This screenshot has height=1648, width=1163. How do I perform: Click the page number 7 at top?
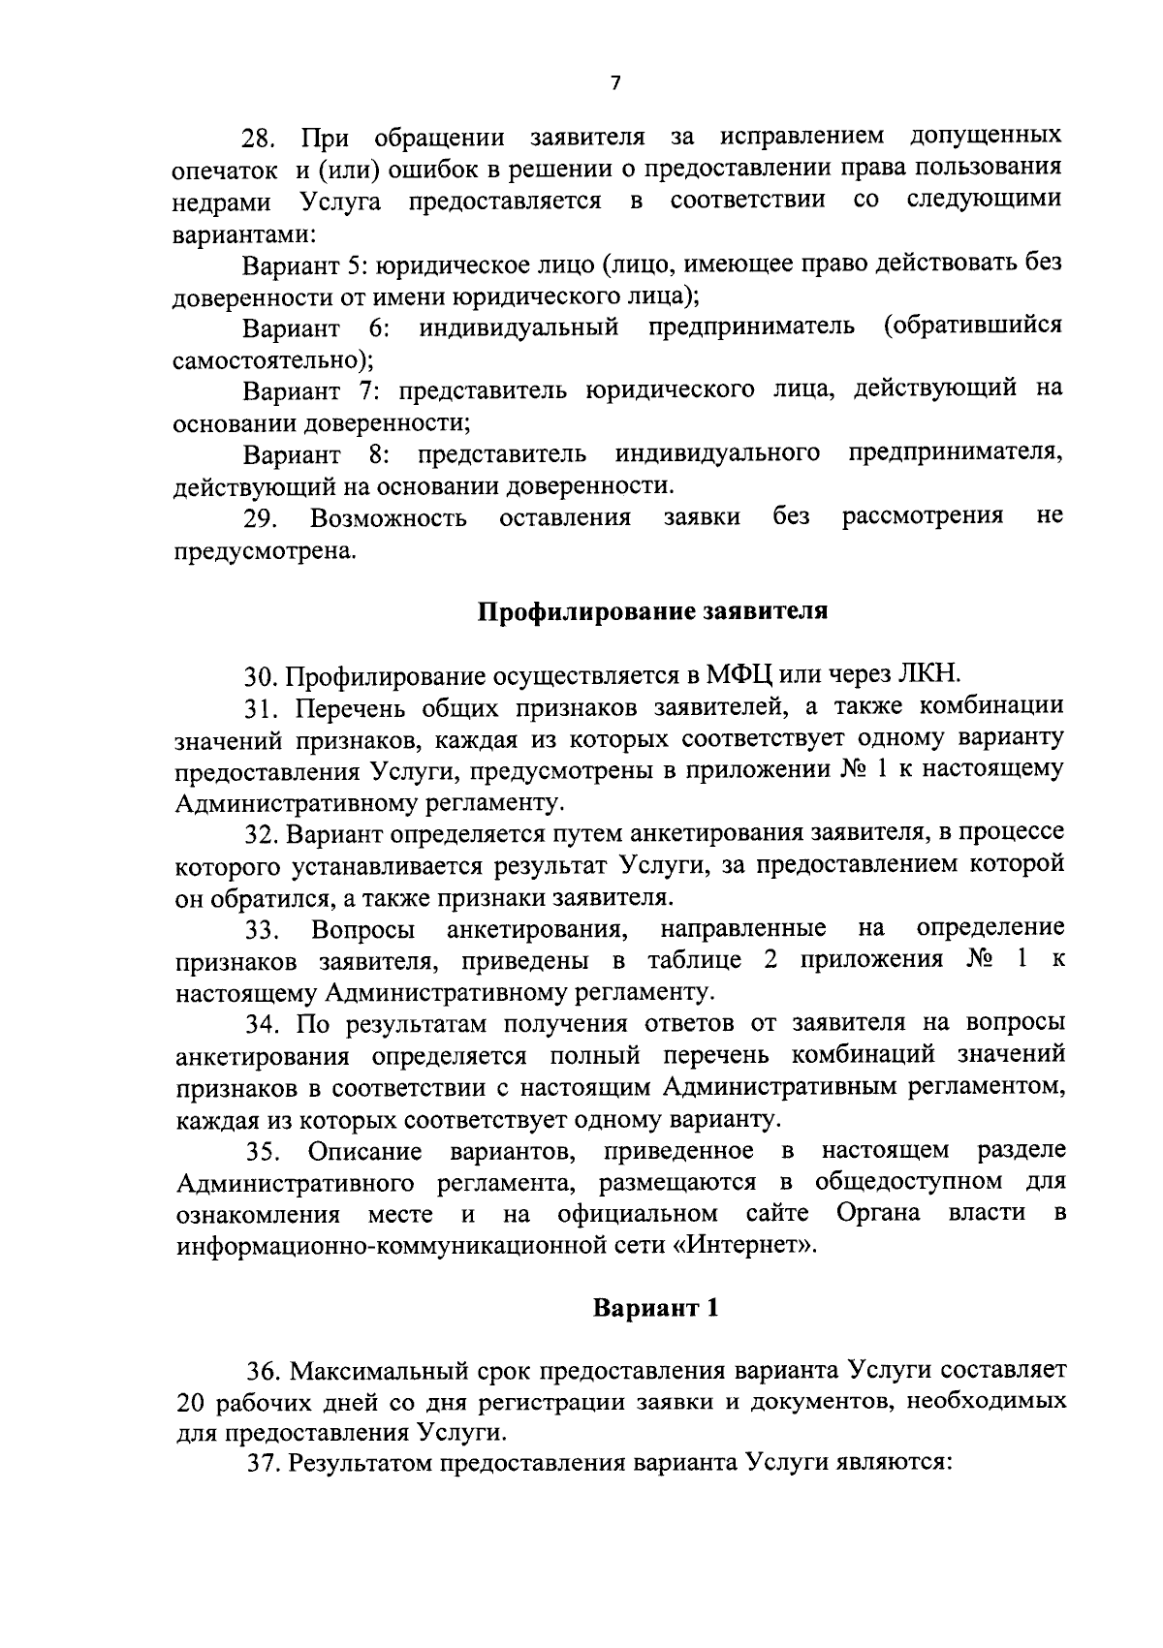(614, 83)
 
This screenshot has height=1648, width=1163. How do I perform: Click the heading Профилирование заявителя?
(653, 612)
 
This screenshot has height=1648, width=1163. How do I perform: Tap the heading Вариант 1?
(656, 1308)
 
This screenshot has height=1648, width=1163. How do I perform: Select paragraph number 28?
(258, 138)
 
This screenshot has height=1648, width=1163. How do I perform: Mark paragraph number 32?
(262, 833)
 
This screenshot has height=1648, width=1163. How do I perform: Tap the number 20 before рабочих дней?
(190, 1403)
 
